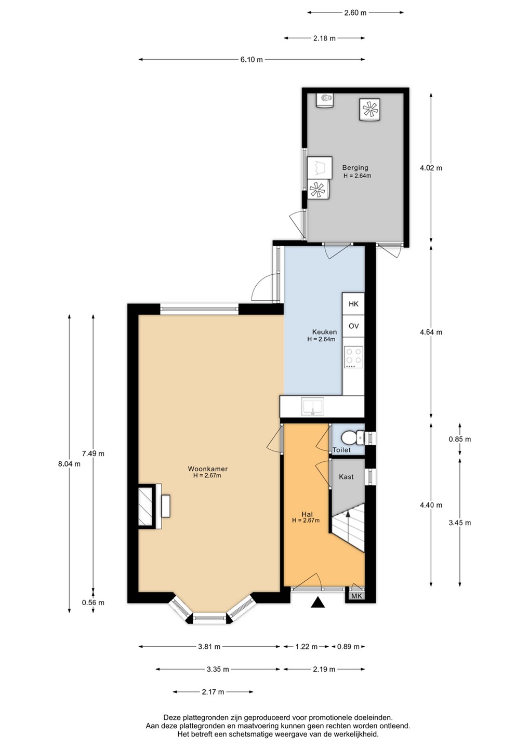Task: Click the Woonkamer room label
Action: point(207,469)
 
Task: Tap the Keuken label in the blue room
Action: point(324,332)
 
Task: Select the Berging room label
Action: point(355,168)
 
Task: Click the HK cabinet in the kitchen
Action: point(353,304)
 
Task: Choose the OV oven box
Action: point(353,326)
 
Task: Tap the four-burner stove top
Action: point(354,357)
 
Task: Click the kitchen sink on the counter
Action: point(313,406)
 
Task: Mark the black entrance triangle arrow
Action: point(318,602)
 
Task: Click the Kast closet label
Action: point(346,477)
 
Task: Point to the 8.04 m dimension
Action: point(69,464)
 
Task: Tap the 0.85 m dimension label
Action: point(460,439)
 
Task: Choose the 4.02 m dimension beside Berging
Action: point(431,168)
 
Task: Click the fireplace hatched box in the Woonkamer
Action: point(146,506)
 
